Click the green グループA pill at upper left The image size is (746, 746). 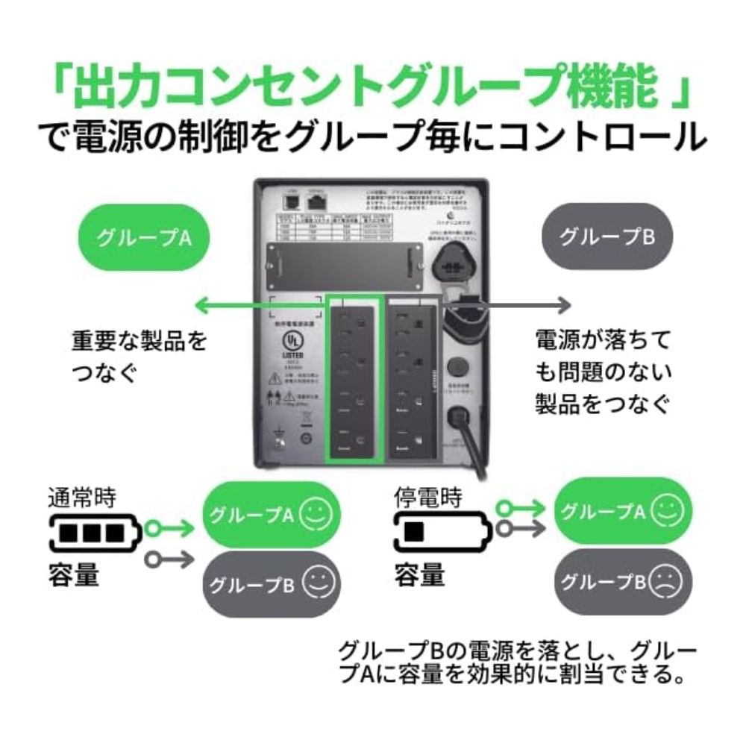coord(144,237)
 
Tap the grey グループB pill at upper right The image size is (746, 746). coord(606,237)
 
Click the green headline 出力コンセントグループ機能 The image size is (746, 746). coord(373,88)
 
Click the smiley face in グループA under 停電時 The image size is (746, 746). coord(667,511)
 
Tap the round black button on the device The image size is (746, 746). coord(456,366)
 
